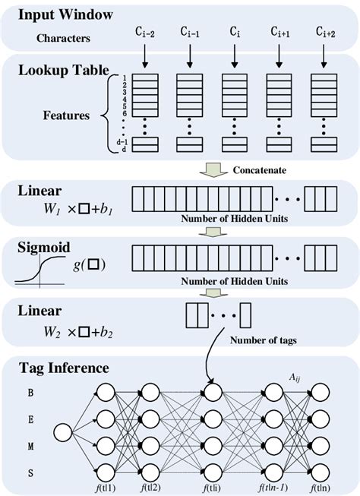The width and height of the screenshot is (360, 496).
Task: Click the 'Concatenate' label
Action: coord(261,170)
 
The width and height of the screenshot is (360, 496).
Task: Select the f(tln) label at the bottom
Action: coord(320,488)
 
